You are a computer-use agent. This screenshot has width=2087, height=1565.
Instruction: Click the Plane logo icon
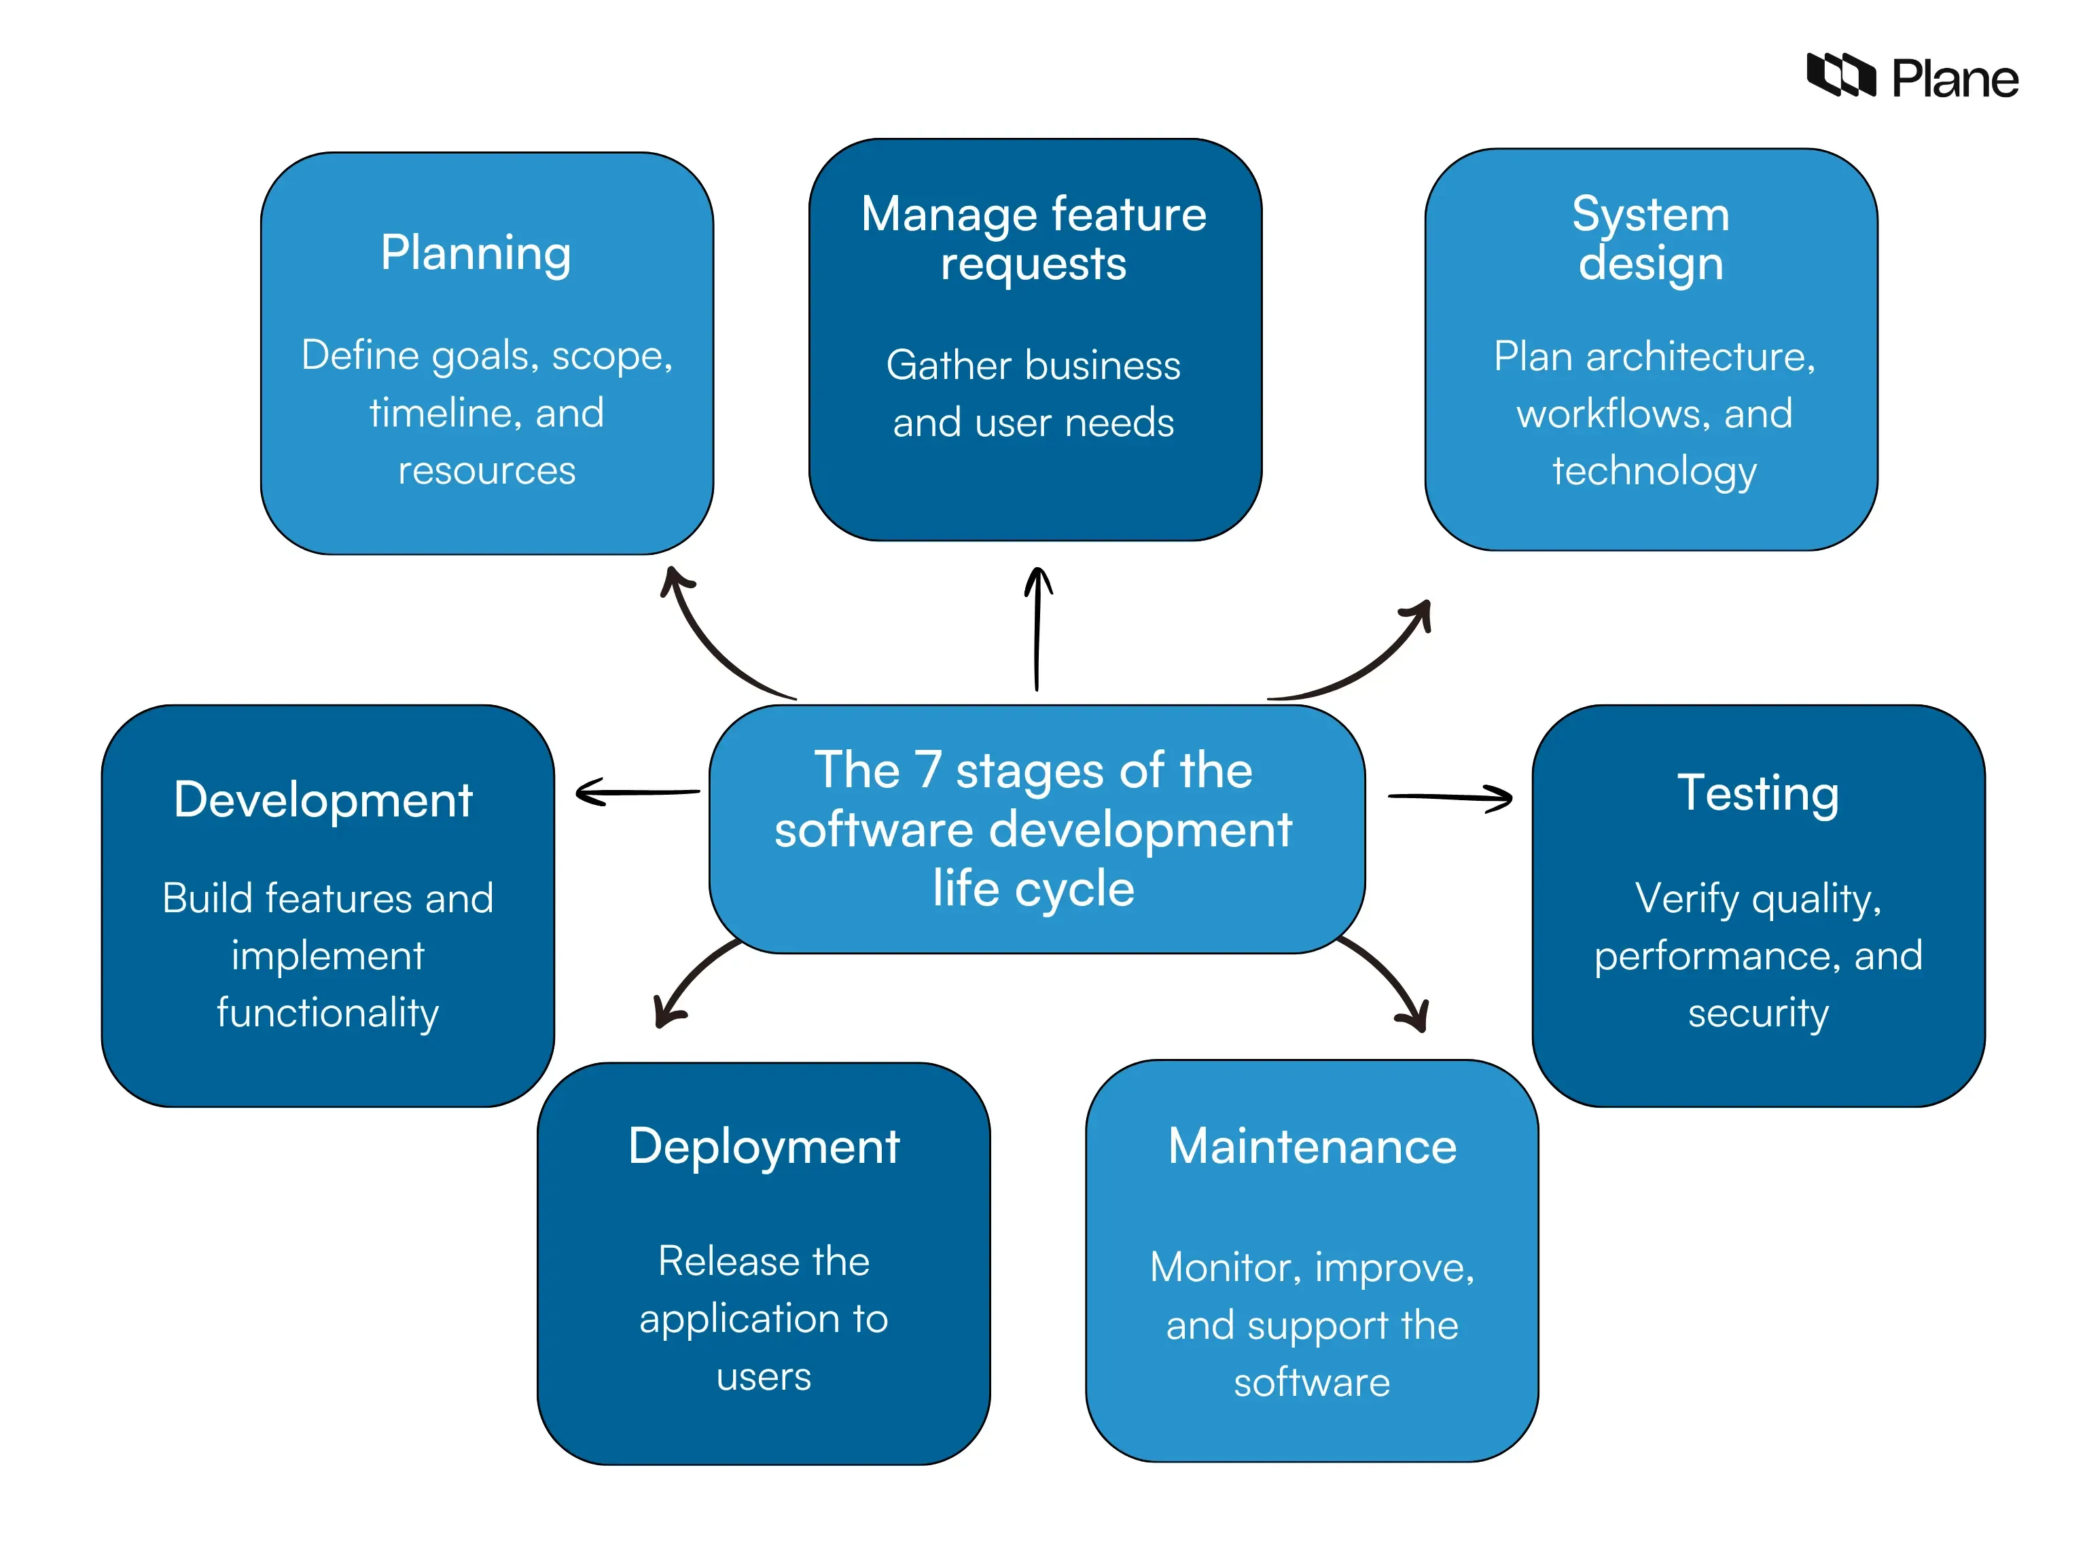pyautogui.click(x=1840, y=75)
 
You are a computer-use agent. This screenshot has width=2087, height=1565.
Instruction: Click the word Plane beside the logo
pyautogui.click(x=1955, y=78)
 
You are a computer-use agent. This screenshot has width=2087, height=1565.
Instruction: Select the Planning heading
pyautogui.click(x=476, y=255)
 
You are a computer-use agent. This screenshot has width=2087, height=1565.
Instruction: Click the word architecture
pyautogui.click(x=1700, y=357)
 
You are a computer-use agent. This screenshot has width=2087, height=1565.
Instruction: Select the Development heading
pyautogui.click(x=323, y=800)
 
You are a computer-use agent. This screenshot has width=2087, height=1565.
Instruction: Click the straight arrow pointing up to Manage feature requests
pyautogui.click(x=1038, y=628)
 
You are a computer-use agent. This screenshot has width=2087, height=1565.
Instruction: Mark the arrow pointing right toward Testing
pyautogui.click(x=1450, y=798)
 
